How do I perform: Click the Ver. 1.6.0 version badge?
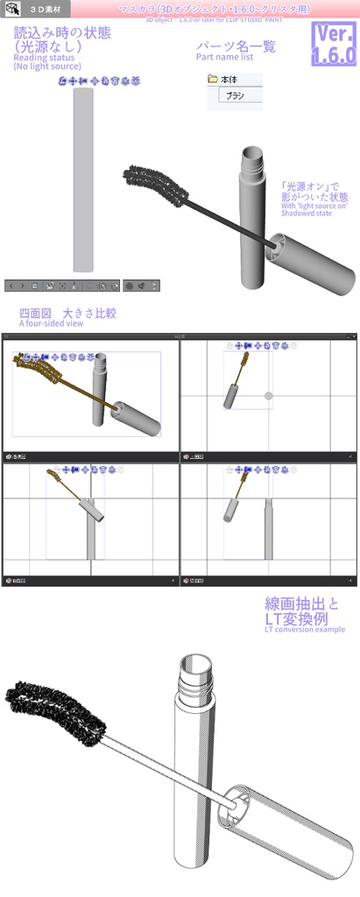coord(332,44)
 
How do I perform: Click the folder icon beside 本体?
coord(213,80)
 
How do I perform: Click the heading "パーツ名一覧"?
coord(236,46)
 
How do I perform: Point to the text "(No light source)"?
coord(47,67)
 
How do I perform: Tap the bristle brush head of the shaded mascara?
coord(158,183)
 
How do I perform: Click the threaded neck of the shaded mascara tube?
coord(251,163)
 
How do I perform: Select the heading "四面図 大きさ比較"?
coord(67,312)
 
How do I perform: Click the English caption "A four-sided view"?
coord(51,323)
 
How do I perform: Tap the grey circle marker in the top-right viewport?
coord(269,395)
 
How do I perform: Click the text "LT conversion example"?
coord(304,629)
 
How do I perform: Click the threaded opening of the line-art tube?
coord(195,675)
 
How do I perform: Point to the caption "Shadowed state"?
coord(307,213)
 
